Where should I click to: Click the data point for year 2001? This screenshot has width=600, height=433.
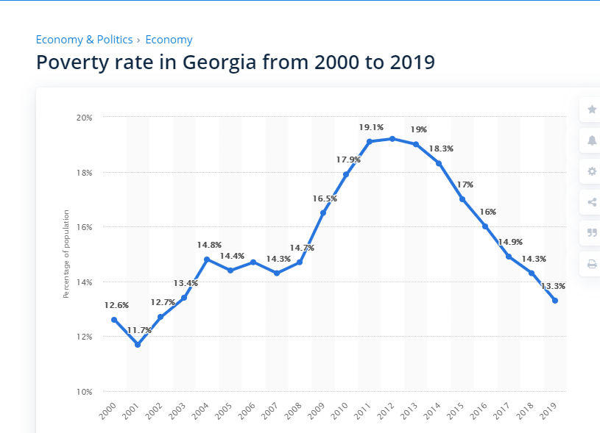tap(138, 344)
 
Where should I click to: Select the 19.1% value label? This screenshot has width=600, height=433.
tap(371, 127)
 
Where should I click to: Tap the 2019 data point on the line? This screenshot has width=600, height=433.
tap(554, 301)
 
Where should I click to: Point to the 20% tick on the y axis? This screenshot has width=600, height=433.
tap(84, 118)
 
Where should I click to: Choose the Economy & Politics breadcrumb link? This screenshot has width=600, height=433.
tap(84, 40)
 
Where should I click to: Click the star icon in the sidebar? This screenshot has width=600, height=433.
tap(592, 110)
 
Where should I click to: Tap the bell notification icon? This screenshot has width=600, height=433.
tap(592, 140)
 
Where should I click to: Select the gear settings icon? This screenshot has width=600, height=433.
tap(592, 171)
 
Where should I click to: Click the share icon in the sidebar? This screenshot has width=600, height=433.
tap(592, 202)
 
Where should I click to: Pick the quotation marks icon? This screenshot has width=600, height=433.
tap(592, 233)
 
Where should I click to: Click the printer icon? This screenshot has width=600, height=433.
tap(592, 264)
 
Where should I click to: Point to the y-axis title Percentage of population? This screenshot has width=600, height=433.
tap(66, 254)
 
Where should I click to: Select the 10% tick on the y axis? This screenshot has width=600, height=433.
tap(84, 392)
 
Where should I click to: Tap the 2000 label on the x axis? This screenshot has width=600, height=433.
tap(108, 408)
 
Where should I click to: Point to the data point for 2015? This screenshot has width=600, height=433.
tap(462, 199)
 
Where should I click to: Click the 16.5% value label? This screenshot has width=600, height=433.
tap(325, 198)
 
